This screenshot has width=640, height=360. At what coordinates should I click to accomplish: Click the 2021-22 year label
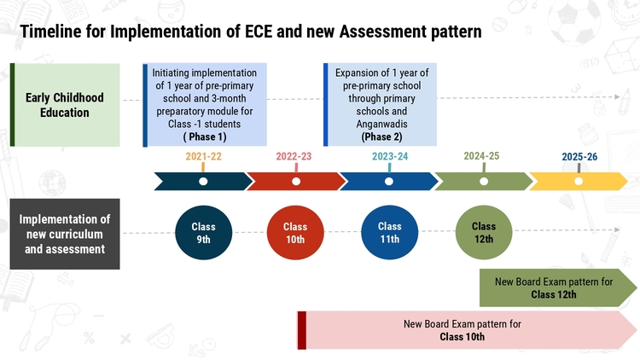pyautogui.click(x=203, y=156)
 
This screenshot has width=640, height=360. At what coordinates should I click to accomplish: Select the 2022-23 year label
pyautogui.click(x=294, y=156)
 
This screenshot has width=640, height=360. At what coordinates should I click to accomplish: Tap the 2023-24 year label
pyautogui.click(x=390, y=156)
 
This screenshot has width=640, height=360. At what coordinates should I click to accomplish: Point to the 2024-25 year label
pyautogui.click(x=481, y=156)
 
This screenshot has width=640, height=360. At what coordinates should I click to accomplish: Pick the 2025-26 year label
pyautogui.click(x=579, y=157)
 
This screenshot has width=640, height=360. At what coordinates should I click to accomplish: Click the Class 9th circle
pyautogui.click(x=204, y=233)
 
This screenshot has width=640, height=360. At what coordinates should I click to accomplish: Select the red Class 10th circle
pyautogui.click(x=295, y=233)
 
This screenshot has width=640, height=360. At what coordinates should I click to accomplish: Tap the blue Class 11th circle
pyautogui.click(x=389, y=232)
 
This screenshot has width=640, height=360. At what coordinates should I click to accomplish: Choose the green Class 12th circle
pyautogui.click(x=484, y=232)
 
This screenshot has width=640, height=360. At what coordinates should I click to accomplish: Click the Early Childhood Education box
pyautogui.click(x=65, y=105)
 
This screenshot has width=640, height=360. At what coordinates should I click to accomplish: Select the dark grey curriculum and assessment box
pyautogui.click(x=65, y=234)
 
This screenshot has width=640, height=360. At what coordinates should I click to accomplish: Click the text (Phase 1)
pyautogui.click(x=205, y=136)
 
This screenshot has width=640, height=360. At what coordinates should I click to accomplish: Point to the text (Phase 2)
pyautogui.click(x=381, y=136)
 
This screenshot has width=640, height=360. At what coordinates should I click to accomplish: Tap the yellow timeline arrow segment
pyautogui.click(x=579, y=181)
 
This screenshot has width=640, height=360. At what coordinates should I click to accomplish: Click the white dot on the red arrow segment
pyautogui.click(x=296, y=181)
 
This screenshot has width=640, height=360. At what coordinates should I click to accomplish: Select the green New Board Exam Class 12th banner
pyautogui.click(x=558, y=287)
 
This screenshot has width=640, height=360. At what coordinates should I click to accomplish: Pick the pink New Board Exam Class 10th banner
pyautogui.click(x=467, y=330)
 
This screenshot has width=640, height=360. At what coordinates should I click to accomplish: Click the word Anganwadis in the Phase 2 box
pyautogui.click(x=381, y=124)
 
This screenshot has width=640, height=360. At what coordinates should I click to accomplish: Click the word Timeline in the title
pyautogui.click(x=50, y=32)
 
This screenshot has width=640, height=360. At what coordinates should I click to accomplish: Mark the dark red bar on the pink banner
pyautogui.click(x=301, y=330)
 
